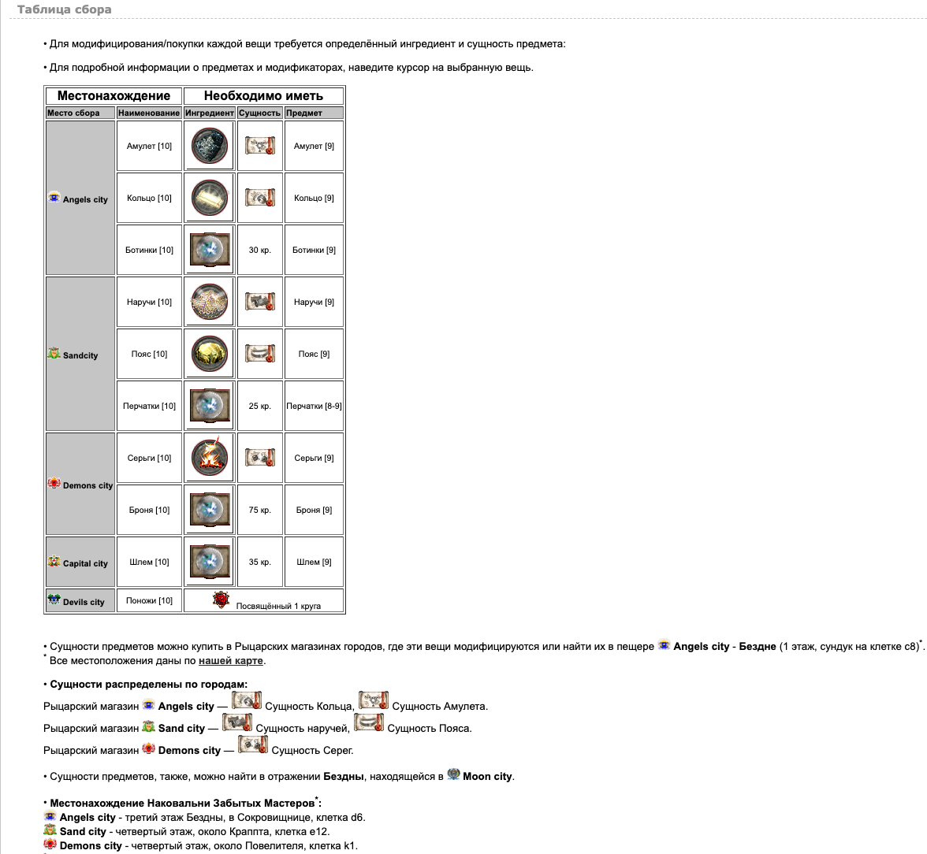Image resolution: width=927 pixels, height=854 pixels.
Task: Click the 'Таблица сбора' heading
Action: pos(64,10)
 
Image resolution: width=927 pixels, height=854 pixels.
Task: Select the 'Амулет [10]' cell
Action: pos(149,146)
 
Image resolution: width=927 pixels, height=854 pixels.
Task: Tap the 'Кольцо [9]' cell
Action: pos(314,198)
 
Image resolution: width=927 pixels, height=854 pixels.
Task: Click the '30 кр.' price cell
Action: pos(259,250)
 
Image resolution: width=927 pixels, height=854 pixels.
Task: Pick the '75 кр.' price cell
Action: pos(259,510)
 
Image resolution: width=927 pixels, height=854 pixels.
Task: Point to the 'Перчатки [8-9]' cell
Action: pos(314,406)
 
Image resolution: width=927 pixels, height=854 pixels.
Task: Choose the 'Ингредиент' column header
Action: pos(209,113)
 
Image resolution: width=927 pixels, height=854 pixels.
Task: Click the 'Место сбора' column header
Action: pos(73,113)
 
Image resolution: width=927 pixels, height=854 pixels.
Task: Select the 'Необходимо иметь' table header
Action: pos(263,96)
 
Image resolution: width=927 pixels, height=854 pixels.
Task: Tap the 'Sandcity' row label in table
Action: pos(80,355)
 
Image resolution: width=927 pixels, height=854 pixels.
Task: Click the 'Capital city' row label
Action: pos(85,563)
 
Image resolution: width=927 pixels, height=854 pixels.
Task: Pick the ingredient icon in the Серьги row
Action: pos(209,458)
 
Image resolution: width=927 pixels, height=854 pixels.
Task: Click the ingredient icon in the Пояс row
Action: pos(209,354)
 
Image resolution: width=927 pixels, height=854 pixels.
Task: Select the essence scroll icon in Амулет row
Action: pos(259,146)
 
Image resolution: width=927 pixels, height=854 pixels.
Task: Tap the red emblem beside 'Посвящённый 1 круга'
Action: pos(221,600)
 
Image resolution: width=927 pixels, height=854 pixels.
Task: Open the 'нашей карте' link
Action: pos(231,661)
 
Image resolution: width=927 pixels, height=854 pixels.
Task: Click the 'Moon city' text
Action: pos(487,776)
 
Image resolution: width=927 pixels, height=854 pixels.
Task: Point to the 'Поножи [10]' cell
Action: pos(149,600)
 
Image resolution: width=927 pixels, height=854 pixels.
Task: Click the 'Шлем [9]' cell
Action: pos(314,562)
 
